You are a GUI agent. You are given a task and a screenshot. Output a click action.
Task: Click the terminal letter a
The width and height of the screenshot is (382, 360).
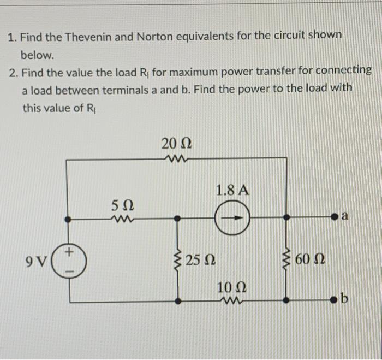coord(344,217)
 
